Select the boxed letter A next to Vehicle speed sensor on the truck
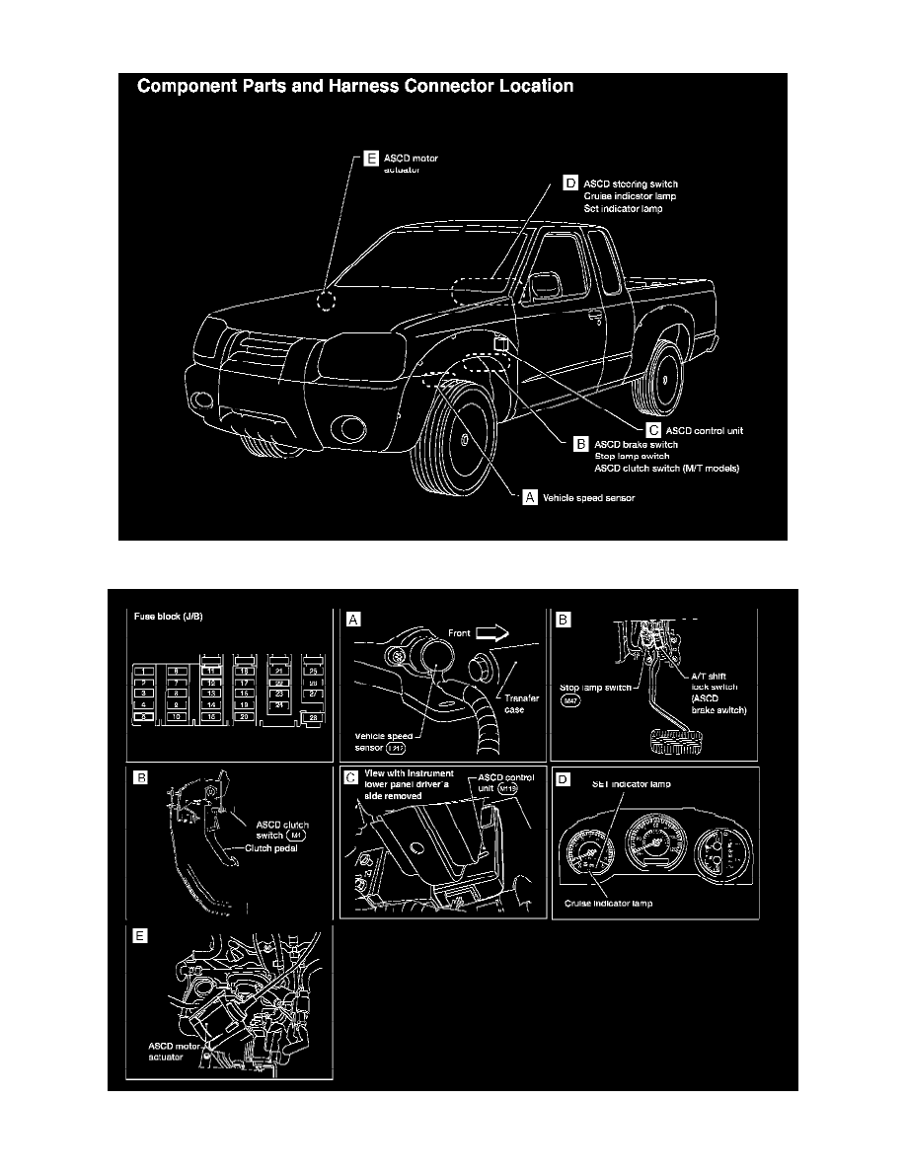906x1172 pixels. (530, 497)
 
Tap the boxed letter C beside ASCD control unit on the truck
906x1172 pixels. (652, 430)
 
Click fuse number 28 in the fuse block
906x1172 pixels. (313, 717)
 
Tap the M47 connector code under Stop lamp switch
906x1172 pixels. (569, 699)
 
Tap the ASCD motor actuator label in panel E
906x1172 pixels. (160, 1050)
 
